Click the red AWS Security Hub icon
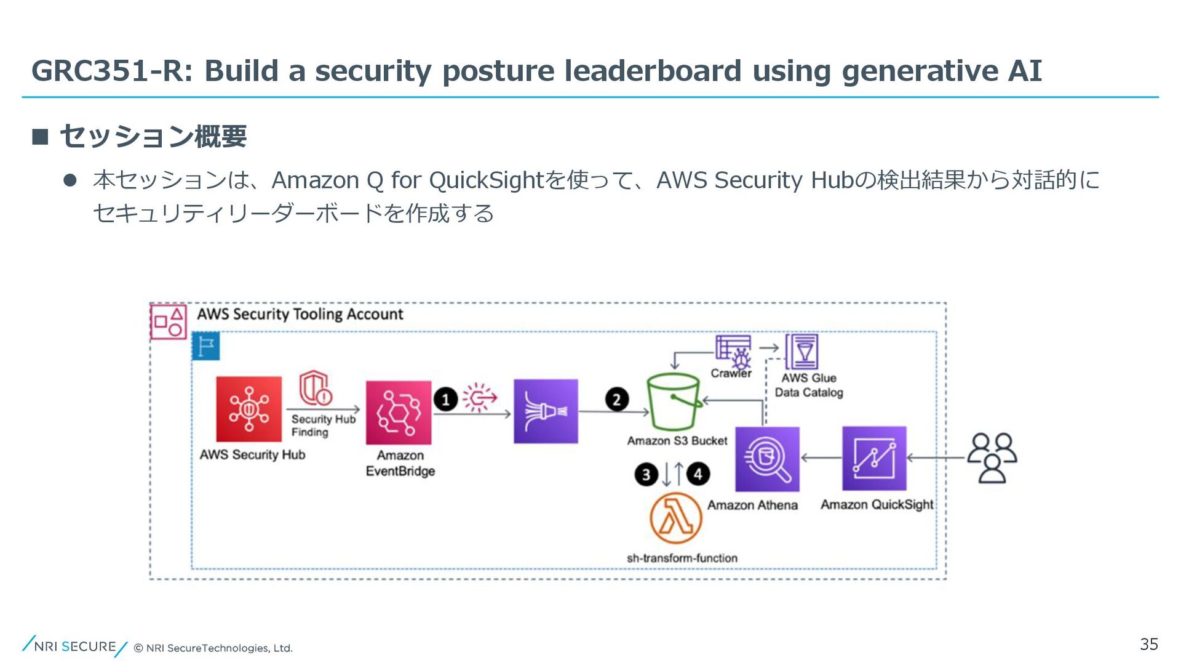point(249,409)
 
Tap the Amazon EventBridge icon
point(399,413)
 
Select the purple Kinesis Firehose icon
point(546,411)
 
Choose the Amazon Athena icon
point(767,459)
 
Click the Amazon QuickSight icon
point(874,459)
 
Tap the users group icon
point(992,457)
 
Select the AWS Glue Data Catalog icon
point(801,352)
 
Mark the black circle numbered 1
point(445,400)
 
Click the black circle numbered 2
point(616,400)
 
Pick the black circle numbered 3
point(646,475)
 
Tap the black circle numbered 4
point(698,474)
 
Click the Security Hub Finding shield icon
point(316,388)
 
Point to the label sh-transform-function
point(682,558)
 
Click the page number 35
point(1148,644)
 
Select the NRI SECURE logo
point(74,646)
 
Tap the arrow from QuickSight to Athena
point(821,458)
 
